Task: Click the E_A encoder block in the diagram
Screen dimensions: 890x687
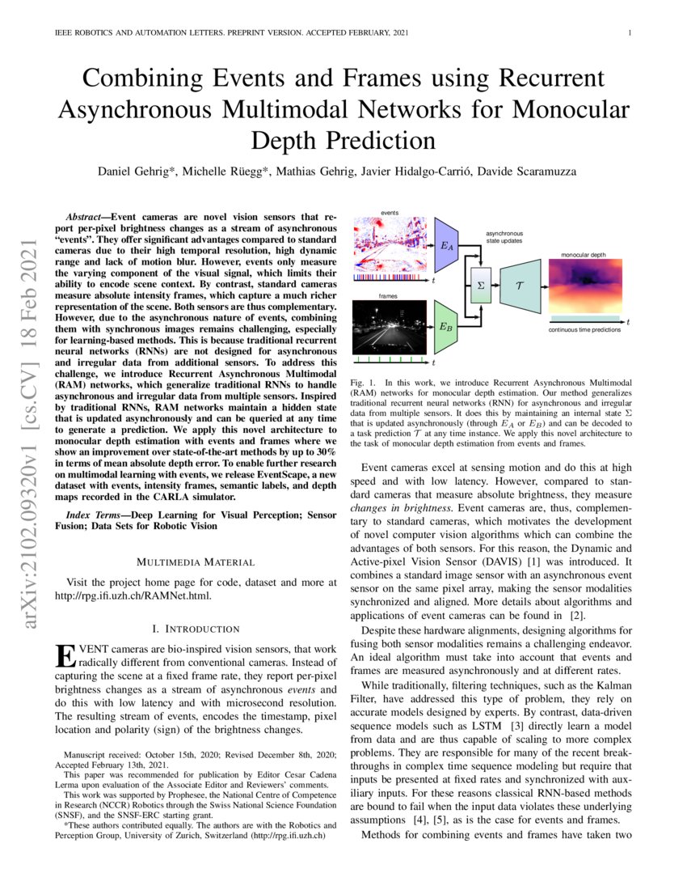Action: (446, 243)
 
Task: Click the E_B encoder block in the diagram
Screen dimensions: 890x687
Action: (446, 327)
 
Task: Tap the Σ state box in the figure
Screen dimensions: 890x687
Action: (481, 286)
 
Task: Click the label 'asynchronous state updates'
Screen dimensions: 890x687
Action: (504, 236)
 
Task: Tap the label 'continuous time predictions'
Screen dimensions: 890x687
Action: (584, 330)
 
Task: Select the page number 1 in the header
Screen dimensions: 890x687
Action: (628, 33)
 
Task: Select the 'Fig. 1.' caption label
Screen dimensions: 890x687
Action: (361, 381)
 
